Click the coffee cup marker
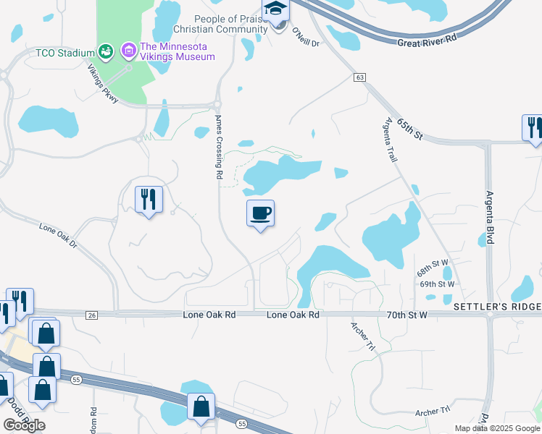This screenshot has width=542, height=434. click(x=260, y=214)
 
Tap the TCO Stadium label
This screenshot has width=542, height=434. click(x=66, y=53)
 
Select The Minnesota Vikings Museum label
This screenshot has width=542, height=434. click(x=178, y=51)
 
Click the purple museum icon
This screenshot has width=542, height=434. click(x=129, y=51)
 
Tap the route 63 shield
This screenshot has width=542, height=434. click(x=359, y=77)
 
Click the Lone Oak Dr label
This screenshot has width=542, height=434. click(x=57, y=236)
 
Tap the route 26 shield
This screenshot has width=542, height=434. click(x=91, y=315)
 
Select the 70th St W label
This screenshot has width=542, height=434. click(x=407, y=315)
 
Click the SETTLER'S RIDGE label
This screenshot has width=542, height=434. click(x=497, y=307)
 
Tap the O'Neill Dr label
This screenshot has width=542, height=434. click(x=305, y=38)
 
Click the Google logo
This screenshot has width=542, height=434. click(x=24, y=425)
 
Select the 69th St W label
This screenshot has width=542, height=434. click(x=438, y=284)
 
